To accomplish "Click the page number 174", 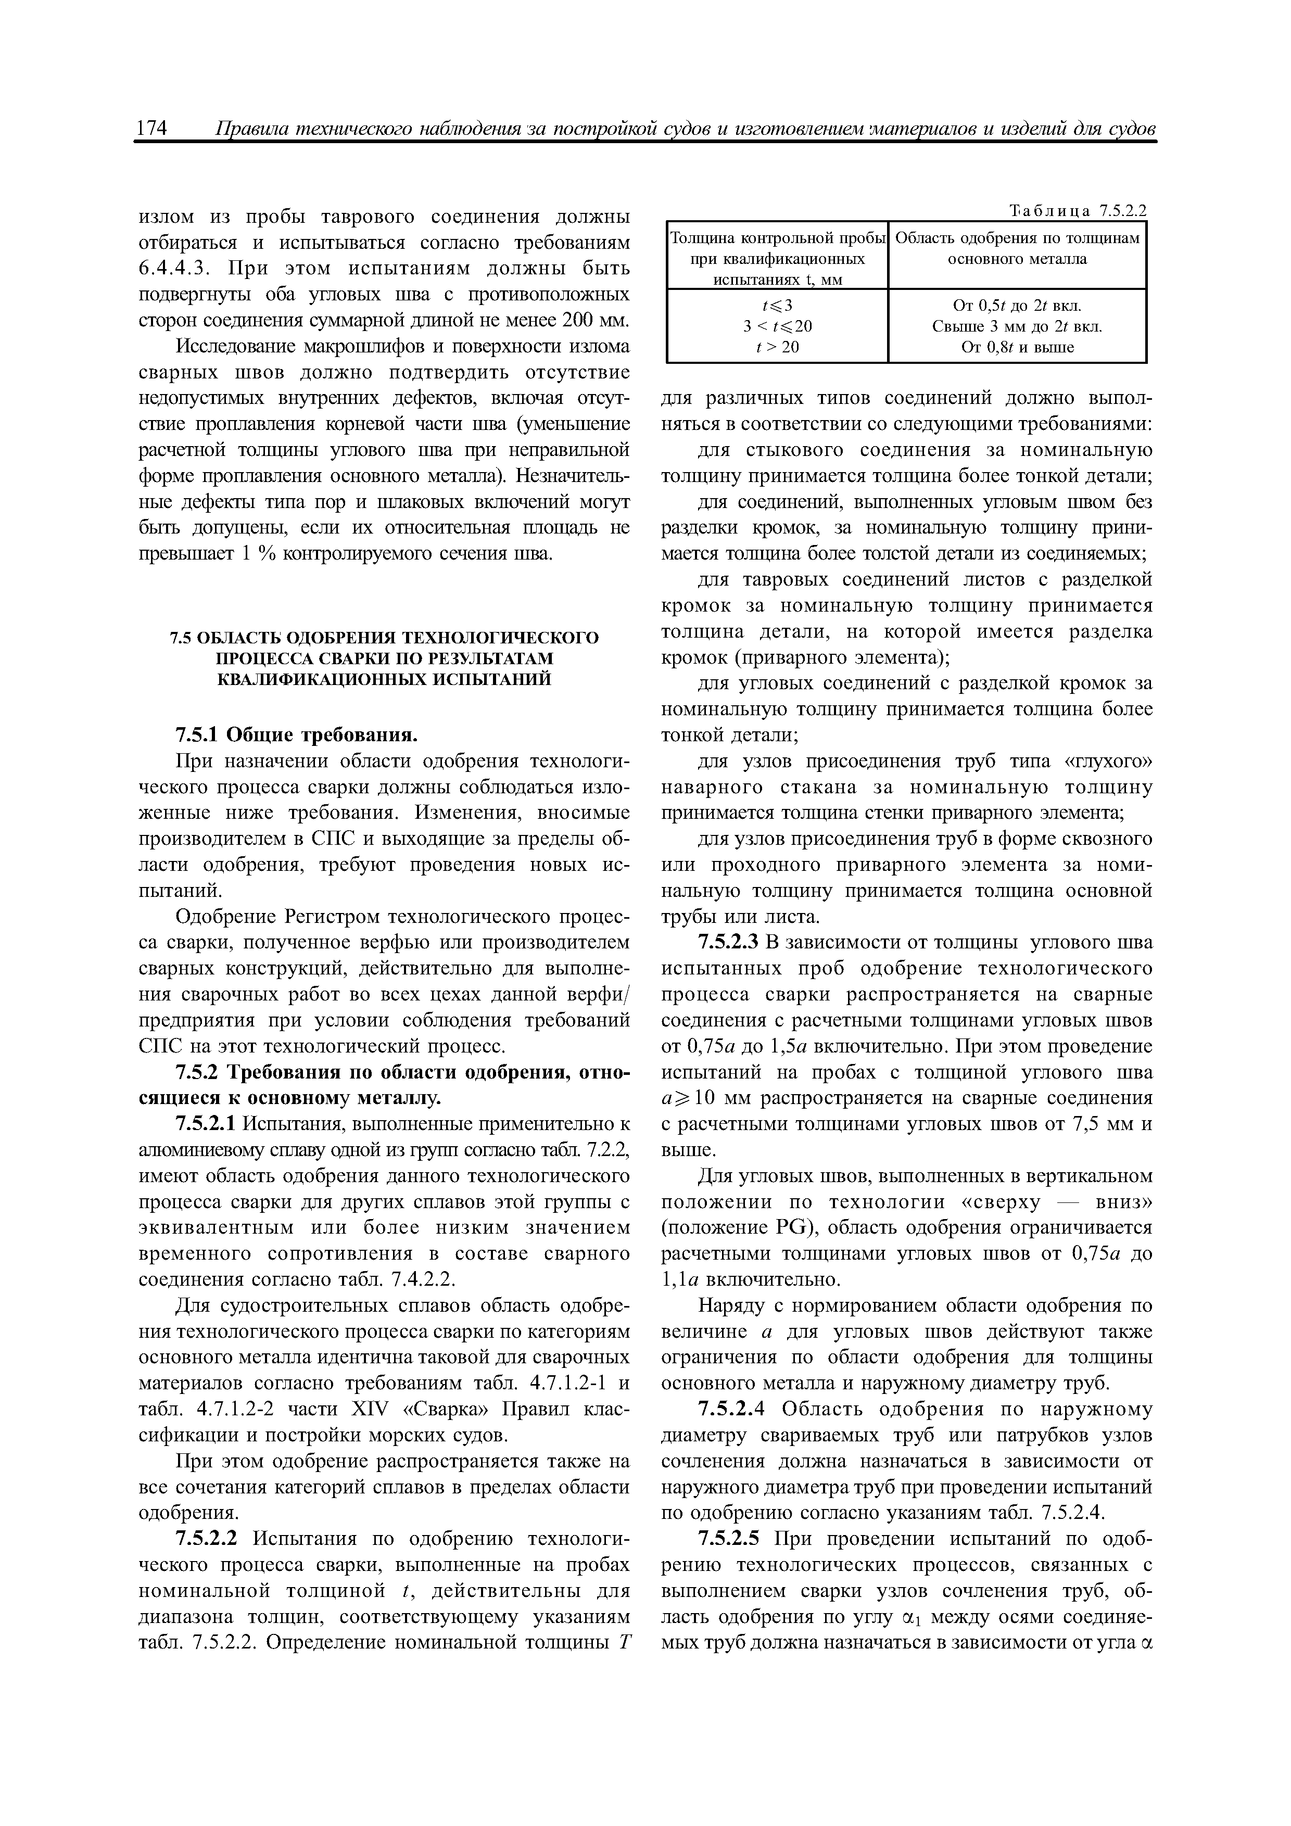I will pyautogui.click(x=152, y=129).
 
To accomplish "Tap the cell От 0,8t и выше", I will pyautogui.click(x=1017, y=347).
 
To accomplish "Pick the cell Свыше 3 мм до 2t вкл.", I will pyautogui.click(x=1017, y=326).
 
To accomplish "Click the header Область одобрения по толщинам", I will pyautogui.click(x=1017, y=238).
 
